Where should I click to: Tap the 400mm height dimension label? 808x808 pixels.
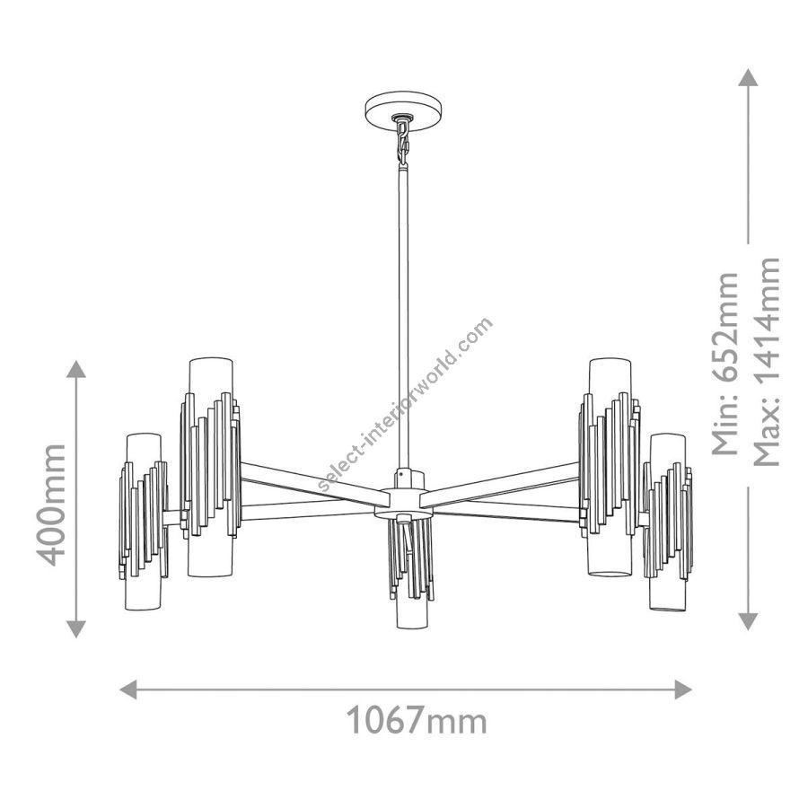50,505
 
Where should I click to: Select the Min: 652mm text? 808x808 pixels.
725,364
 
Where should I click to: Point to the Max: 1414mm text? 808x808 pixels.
766,361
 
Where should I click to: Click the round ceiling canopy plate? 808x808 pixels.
404,110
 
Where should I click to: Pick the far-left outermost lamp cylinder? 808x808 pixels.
144,522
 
